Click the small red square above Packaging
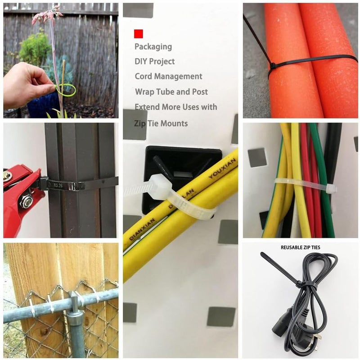pyautogui.click(x=139, y=34)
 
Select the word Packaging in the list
pyautogui.click(x=153, y=46)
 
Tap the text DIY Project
pyautogui.click(x=155, y=61)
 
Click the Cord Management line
pyautogui.click(x=168, y=77)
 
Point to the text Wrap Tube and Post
pyautogui.click(x=171, y=91)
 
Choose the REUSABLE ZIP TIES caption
pyautogui.click(x=301, y=247)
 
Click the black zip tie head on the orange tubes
pyautogui.click(x=273, y=66)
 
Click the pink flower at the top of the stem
pyautogui.click(x=48, y=13)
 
